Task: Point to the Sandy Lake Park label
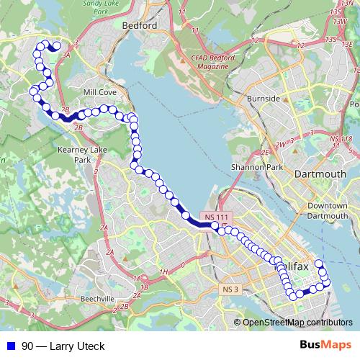(99, 7)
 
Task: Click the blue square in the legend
(12, 346)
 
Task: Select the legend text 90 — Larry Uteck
(63, 346)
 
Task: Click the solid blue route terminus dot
(57, 46)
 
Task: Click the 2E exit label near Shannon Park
(264, 153)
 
